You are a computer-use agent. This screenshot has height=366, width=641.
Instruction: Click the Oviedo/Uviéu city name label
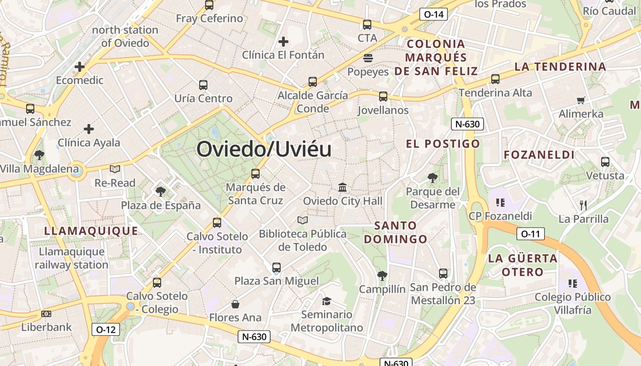pyautogui.click(x=264, y=149)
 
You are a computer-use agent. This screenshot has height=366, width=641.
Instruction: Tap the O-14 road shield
pyautogui.click(x=434, y=14)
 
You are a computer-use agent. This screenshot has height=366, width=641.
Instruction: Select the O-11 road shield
pyautogui.click(x=530, y=234)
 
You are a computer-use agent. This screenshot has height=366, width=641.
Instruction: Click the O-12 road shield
pyautogui.click(x=106, y=329)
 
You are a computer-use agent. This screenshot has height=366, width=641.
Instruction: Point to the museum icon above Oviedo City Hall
pyautogui.click(x=342, y=187)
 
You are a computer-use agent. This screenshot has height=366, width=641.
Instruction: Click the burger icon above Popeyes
pyautogui.click(x=368, y=58)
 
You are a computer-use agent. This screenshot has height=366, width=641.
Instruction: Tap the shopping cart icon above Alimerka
pyautogui.click(x=581, y=100)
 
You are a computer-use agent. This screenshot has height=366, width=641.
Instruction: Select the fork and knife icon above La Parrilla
pyautogui.click(x=583, y=205)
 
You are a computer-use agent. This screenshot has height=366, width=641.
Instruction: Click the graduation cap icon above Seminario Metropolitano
pyautogui.click(x=326, y=301)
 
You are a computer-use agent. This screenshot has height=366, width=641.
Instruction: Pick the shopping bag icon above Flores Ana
pyautogui.click(x=235, y=304)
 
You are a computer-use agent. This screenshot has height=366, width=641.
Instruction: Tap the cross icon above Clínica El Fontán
pyautogui.click(x=283, y=42)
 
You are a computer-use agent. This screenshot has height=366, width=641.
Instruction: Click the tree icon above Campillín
pyautogui.click(x=382, y=275)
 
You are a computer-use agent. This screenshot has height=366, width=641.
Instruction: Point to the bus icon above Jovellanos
pyautogui.click(x=383, y=97)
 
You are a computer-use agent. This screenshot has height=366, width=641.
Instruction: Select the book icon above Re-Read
pyautogui.click(x=115, y=169)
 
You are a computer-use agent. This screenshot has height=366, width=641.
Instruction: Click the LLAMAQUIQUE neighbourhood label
pyautogui.click(x=91, y=231)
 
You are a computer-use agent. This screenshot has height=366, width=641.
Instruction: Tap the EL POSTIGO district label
pyautogui.click(x=443, y=144)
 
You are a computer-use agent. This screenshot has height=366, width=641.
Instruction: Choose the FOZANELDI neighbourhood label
pyautogui.click(x=539, y=155)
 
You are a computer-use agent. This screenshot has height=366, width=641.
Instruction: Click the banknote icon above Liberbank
pyautogui.click(x=46, y=314)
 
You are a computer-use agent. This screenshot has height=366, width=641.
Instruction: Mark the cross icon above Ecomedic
pyautogui.click(x=80, y=67)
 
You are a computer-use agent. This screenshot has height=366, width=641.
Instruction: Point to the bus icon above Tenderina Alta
pyautogui.click(x=495, y=79)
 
